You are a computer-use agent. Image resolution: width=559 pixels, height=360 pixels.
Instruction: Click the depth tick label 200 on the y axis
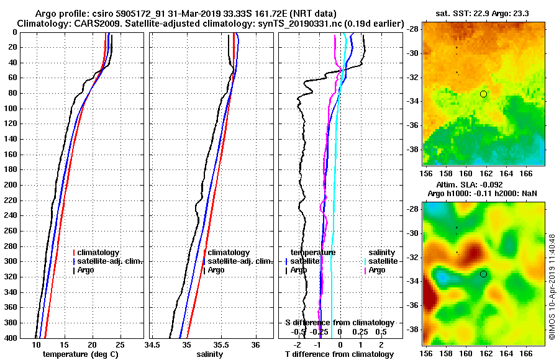[11, 185]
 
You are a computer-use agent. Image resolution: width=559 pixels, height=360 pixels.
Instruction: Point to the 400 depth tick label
[11, 338]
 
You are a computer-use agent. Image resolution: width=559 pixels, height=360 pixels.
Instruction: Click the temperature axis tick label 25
[120, 345]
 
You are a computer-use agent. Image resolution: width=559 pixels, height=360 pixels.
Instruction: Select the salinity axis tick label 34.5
[153, 345]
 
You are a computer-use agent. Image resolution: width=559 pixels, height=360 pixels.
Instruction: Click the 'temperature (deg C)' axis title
[80, 354]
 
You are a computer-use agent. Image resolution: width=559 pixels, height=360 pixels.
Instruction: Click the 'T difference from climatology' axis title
[339, 354]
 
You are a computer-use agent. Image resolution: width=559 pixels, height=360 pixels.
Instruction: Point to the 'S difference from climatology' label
[339, 323]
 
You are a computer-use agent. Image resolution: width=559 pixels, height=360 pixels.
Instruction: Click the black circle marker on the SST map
[483, 94]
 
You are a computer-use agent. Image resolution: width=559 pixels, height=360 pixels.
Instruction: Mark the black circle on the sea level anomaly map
[483, 274]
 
